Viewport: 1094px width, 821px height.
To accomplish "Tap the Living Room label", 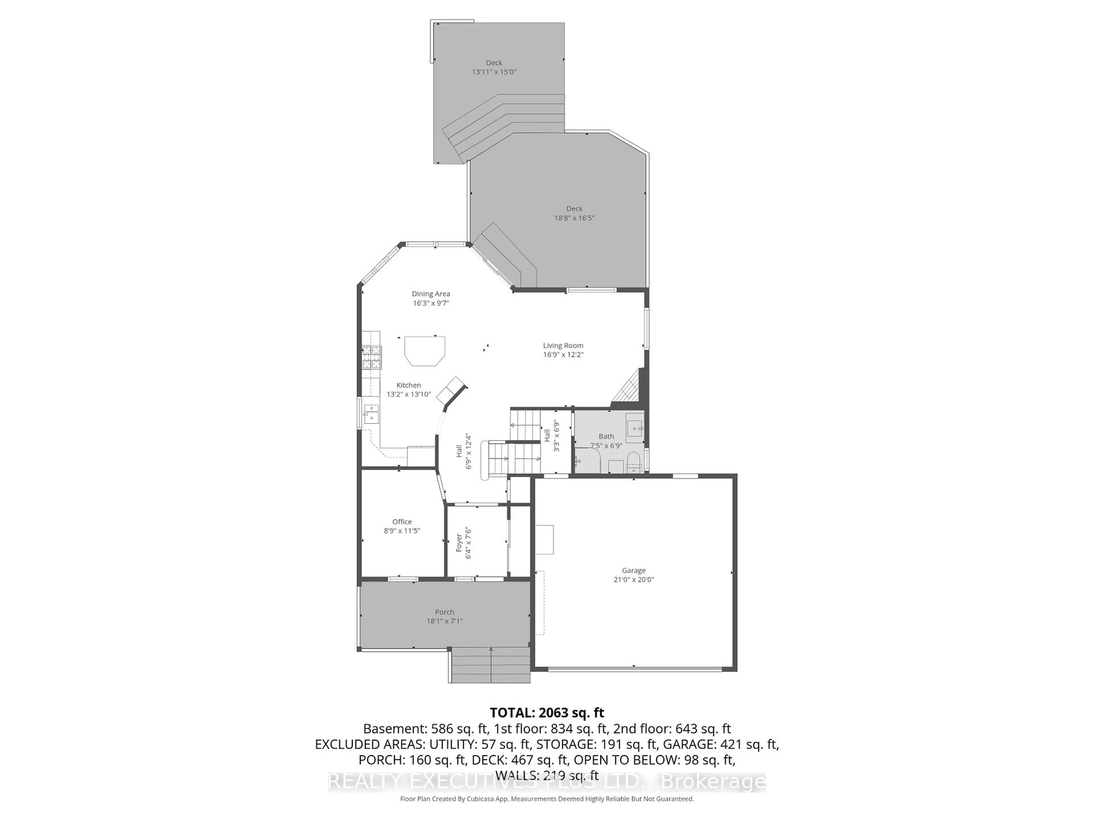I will click(x=563, y=346).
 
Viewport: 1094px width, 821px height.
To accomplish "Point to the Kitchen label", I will click(x=409, y=385).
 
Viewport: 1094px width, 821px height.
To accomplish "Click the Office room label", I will click(x=402, y=522).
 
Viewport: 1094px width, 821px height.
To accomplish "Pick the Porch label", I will click(x=444, y=612).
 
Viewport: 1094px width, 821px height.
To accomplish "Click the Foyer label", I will click(x=459, y=543).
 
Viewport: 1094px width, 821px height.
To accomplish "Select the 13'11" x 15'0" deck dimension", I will click(x=494, y=72).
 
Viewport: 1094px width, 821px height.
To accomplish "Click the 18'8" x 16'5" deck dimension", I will click(x=574, y=218).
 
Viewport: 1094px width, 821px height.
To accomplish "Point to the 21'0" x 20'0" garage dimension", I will click(x=634, y=580).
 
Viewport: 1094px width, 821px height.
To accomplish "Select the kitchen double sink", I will click(x=371, y=414).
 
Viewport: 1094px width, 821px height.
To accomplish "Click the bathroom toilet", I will click(x=632, y=462).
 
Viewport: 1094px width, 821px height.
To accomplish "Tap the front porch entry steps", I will click(x=491, y=666).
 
